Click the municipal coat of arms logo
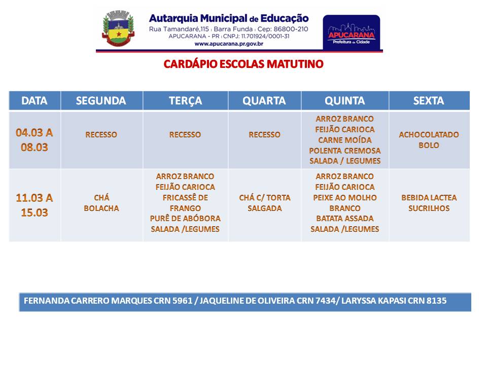(x=118, y=28)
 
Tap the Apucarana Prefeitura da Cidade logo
(x=351, y=32)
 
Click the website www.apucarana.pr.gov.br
(x=229, y=44)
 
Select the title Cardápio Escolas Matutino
(x=243, y=64)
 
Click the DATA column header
(x=34, y=100)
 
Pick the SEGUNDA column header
(x=101, y=100)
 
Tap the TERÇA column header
(x=186, y=101)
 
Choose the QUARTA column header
(x=264, y=100)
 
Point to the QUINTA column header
(x=345, y=100)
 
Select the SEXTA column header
(x=429, y=100)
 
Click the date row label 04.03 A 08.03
(x=34, y=140)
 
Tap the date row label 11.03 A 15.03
(x=34, y=205)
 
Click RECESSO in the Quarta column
(x=265, y=135)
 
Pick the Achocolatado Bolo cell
(x=429, y=140)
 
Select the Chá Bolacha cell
(x=101, y=203)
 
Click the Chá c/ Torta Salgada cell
(x=265, y=203)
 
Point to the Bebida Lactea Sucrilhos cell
(x=429, y=203)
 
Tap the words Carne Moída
(x=345, y=140)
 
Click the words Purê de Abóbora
(x=186, y=218)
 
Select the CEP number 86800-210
(x=291, y=29)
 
